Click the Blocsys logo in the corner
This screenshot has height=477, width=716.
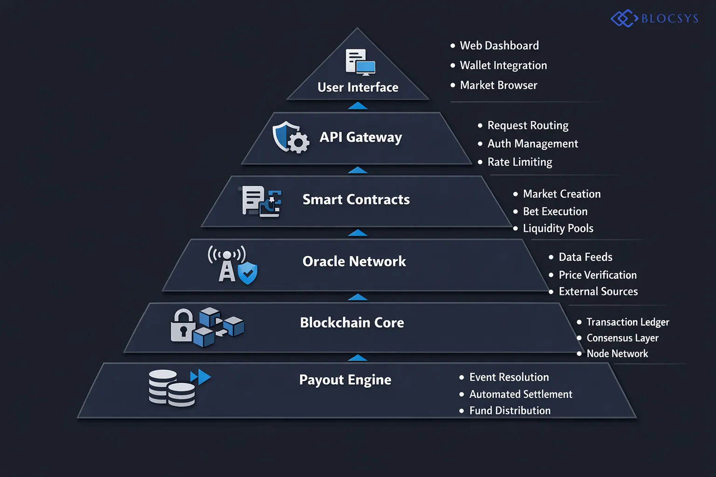(x=654, y=19)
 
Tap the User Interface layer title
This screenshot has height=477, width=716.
(x=358, y=87)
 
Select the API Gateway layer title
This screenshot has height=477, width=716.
(x=360, y=137)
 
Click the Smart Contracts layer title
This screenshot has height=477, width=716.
(x=356, y=199)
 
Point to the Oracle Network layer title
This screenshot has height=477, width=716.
(x=354, y=261)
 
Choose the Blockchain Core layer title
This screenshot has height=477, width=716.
(x=351, y=322)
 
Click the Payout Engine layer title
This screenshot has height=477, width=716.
(x=345, y=380)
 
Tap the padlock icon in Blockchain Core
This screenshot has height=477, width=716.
(x=183, y=326)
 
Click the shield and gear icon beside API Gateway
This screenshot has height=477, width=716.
(x=290, y=137)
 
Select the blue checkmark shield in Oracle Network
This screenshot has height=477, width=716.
(x=248, y=273)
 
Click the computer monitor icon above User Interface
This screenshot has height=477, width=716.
(x=365, y=68)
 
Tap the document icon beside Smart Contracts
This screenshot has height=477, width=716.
(x=253, y=200)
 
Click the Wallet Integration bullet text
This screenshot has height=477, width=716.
(x=503, y=65)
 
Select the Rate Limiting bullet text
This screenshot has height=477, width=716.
(x=519, y=162)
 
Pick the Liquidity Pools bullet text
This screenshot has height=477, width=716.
(x=558, y=228)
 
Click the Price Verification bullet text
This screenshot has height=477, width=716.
(x=597, y=275)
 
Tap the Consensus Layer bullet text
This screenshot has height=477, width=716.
(x=622, y=338)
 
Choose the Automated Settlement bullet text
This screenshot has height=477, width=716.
(x=520, y=394)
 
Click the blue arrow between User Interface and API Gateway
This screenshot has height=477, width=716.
(x=358, y=106)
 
